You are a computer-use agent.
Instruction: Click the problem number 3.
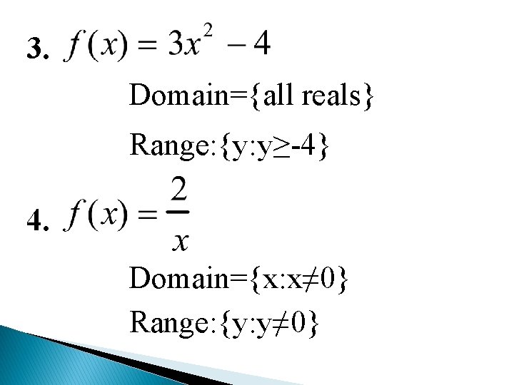point(36,50)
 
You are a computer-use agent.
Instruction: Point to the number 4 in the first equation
point(262,45)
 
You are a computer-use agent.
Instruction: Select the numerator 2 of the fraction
point(181,190)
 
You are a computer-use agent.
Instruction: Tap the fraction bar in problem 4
point(181,212)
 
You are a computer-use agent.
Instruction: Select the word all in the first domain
point(280,95)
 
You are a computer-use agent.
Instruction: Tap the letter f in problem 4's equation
point(74,214)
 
